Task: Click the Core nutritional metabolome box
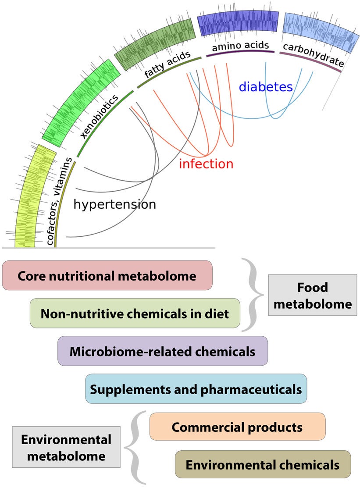[107, 276]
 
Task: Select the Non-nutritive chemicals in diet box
[135, 313]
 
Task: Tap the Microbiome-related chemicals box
[162, 351]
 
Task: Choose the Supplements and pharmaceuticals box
[196, 389]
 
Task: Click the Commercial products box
[237, 426]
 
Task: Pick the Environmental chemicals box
[263, 464]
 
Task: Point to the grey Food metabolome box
[313, 295]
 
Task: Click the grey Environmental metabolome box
[66, 447]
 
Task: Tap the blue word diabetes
[265, 86]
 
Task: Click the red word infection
[206, 164]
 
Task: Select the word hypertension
[114, 204]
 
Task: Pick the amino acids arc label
[240, 45]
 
